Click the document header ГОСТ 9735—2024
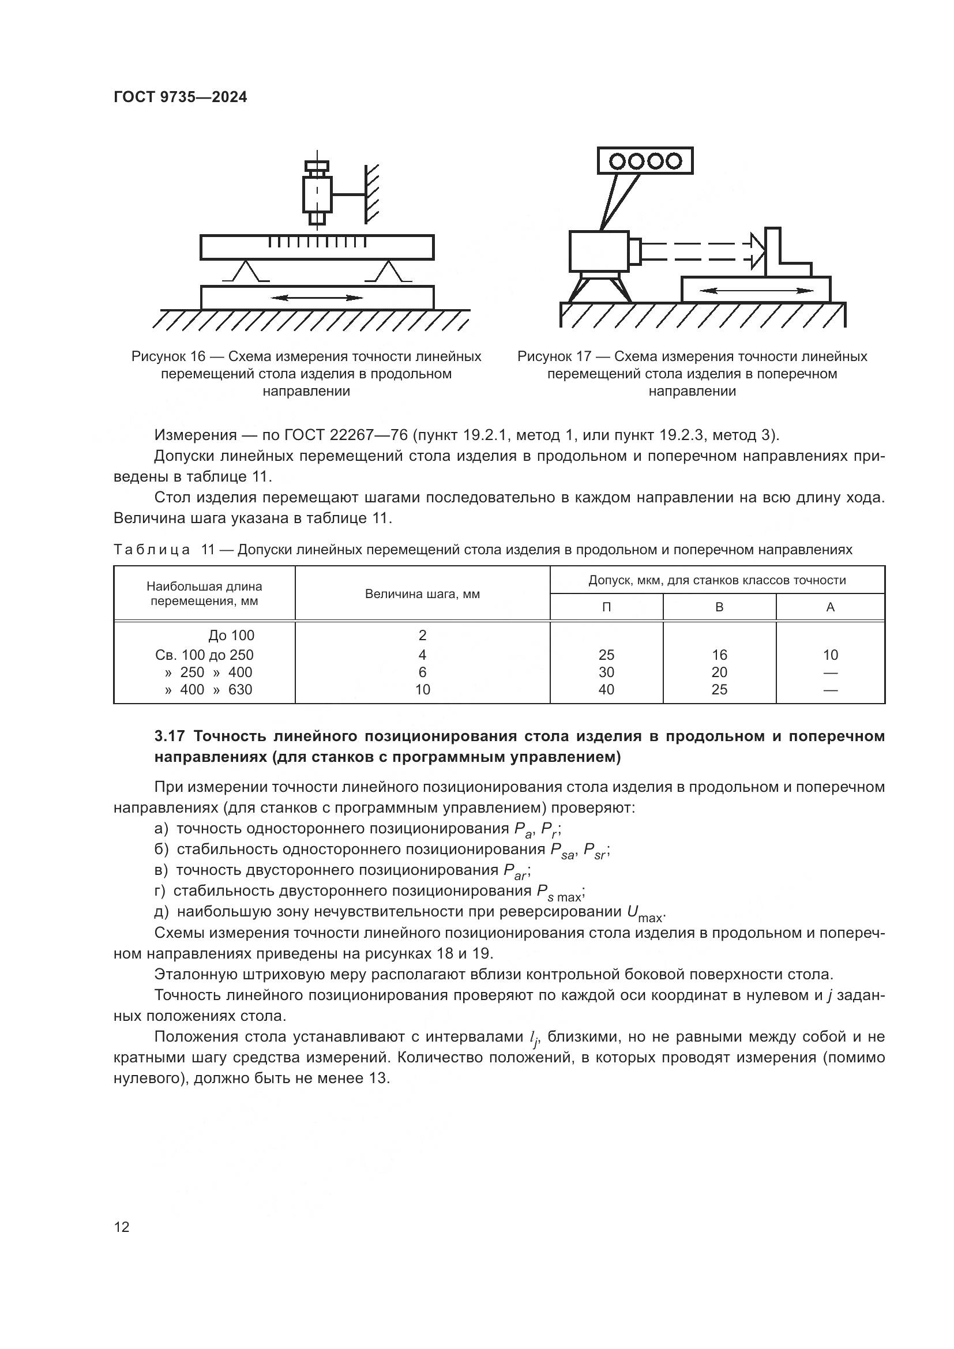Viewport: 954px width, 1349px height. click(181, 97)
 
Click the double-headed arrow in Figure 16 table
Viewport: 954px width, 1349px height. click(317, 298)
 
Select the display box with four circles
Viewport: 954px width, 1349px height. click(645, 160)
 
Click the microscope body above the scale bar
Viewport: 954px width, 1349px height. click(317, 194)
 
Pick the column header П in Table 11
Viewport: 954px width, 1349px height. click(606, 607)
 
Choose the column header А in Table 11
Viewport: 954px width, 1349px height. click(830, 607)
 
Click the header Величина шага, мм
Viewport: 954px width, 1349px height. click(422, 593)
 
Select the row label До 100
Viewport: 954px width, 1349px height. click(231, 635)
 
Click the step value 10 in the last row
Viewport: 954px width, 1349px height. click(422, 689)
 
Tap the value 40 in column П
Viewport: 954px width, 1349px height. click(606, 689)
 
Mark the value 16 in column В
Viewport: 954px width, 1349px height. click(719, 655)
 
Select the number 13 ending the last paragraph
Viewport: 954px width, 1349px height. click(378, 1079)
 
